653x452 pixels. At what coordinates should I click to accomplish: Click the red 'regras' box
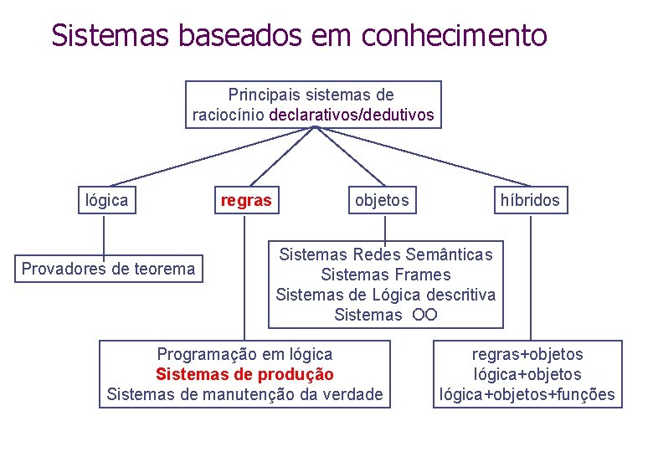point(245,200)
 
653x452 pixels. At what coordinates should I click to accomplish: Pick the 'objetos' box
point(382,200)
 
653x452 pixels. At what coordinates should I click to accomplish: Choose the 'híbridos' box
point(530,200)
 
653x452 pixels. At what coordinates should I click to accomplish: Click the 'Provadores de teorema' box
point(108,269)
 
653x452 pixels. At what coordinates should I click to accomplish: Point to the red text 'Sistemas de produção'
point(244,374)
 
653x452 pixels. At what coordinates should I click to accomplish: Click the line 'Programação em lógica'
point(244,354)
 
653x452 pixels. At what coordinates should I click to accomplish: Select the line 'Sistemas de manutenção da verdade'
point(244,394)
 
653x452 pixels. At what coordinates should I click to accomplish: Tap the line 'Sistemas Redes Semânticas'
point(385,254)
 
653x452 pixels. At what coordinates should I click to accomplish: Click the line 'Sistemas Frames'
point(385,275)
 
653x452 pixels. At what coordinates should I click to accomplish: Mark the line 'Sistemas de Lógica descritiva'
point(385,295)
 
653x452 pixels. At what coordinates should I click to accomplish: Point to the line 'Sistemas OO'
point(385,315)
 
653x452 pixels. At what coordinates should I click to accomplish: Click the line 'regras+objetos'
point(527,354)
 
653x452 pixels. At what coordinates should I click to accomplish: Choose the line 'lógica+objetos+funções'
point(527,394)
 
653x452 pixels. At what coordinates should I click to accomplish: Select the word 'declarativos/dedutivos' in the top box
point(352,116)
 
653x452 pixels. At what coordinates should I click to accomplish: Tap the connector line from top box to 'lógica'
point(209,157)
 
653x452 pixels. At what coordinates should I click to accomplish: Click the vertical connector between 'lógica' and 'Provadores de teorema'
point(104,235)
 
